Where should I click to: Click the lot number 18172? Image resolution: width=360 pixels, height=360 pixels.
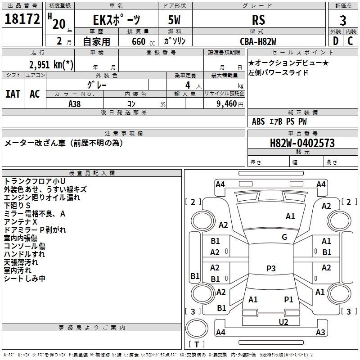coord(22,19)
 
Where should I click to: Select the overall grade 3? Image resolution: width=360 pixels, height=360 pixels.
coord(343,20)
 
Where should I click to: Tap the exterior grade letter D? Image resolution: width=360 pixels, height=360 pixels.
coord(336,41)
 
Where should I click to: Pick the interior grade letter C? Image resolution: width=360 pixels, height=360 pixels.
coord(350,41)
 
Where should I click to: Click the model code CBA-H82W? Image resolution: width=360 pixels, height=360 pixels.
coord(258,41)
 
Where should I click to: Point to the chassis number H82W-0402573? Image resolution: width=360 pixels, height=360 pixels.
coord(302,143)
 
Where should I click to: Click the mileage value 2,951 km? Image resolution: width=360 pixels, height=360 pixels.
coord(51,64)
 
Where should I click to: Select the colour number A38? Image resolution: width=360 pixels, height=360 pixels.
coord(75,104)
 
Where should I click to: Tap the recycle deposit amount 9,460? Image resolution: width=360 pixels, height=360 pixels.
coord(227,104)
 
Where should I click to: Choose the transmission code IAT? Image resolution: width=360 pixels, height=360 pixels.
coord(13,94)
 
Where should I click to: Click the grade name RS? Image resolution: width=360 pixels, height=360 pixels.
coord(258,20)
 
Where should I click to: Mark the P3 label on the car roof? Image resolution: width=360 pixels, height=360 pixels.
coord(271,268)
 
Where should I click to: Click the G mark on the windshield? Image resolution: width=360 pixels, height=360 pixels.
coord(284,237)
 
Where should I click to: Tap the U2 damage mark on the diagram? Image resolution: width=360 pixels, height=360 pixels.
coord(283,322)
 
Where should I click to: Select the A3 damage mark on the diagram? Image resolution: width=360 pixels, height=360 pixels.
coord(320,332)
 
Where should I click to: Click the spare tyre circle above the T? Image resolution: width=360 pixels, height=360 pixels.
coord(197,328)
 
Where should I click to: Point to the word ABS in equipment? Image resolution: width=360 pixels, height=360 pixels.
coord(258,121)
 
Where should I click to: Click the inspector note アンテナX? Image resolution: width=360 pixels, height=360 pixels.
coord(20,222)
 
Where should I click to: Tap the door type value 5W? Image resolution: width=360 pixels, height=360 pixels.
coord(174,20)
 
